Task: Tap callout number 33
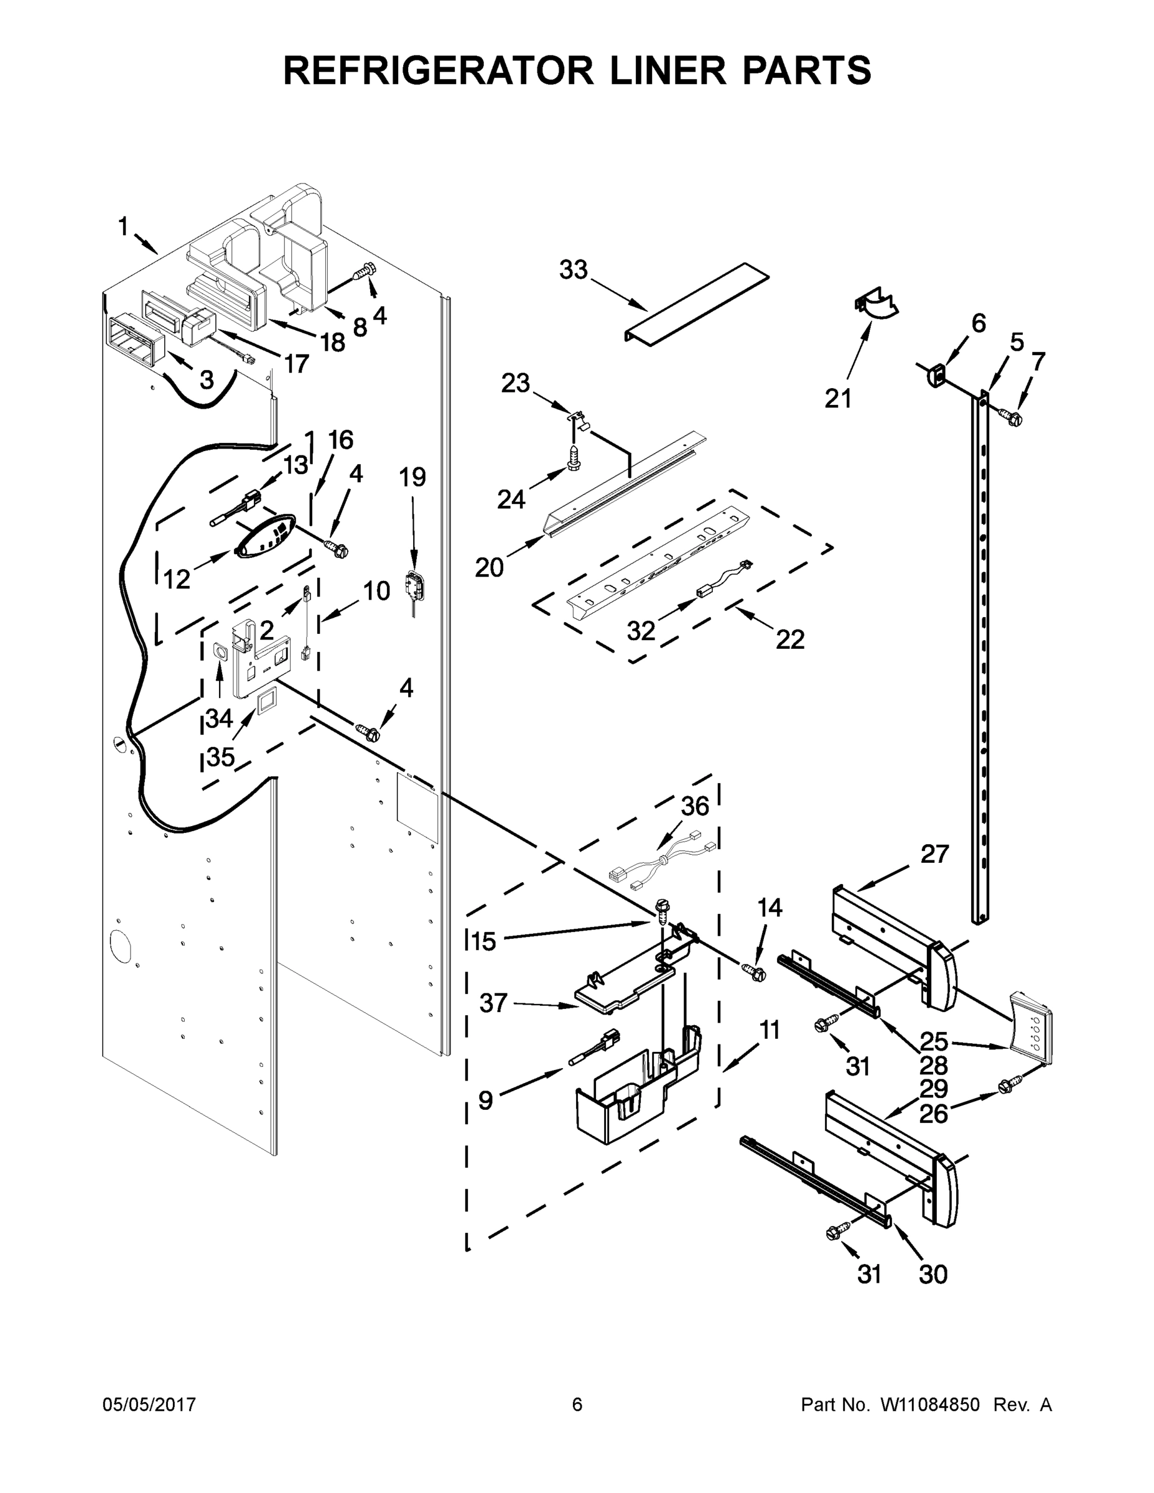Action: pos(573,271)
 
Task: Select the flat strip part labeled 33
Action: pos(697,302)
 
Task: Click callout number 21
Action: pos(838,398)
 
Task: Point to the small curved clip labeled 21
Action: pos(877,305)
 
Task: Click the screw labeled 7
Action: pos(1010,415)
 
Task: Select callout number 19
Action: pos(412,477)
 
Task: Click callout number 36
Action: pos(695,807)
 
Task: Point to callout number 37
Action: pos(493,1003)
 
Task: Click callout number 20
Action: pos(489,567)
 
